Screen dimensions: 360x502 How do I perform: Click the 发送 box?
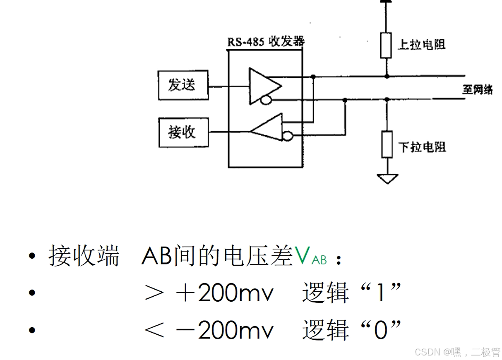[183, 85]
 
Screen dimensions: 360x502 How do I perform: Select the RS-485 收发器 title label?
[266, 41]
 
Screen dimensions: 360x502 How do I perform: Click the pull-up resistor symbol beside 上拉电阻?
[386, 46]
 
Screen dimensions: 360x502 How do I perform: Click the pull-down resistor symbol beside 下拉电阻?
[387, 144]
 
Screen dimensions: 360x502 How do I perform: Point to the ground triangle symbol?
[387, 179]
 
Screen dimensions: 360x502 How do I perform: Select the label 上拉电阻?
[422, 44]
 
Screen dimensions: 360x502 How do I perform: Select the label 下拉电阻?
[422, 146]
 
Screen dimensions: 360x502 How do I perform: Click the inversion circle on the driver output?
[265, 100]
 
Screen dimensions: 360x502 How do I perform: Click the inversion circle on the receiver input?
[287, 135]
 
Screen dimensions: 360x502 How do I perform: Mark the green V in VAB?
[302, 257]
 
